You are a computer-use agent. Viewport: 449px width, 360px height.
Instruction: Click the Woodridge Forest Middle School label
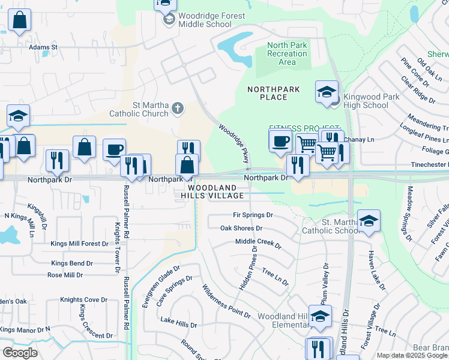click(x=201, y=20)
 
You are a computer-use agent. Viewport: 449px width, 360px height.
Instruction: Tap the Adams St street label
click(x=43, y=46)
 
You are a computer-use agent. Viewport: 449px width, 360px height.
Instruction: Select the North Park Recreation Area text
click(x=287, y=53)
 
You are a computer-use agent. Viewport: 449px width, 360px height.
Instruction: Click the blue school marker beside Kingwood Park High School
click(x=327, y=92)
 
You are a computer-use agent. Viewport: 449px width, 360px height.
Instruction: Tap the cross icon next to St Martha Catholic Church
click(x=177, y=109)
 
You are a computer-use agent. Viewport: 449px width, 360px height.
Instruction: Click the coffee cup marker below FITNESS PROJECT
click(x=280, y=142)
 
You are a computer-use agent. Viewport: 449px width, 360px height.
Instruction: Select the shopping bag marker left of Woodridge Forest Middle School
click(x=19, y=20)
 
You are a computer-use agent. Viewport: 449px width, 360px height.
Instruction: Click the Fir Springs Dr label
click(x=253, y=215)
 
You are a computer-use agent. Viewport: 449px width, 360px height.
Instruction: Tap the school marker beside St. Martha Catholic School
click(x=369, y=221)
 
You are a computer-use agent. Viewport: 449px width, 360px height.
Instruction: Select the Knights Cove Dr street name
click(x=83, y=299)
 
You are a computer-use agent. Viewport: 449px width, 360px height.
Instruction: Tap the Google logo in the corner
click(x=20, y=352)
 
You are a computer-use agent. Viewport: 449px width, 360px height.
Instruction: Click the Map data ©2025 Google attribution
click(x=412, y=355)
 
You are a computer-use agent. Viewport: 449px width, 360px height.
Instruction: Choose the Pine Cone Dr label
click(x=414, y=72)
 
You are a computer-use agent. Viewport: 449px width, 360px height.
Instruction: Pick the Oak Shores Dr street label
click(x=241, y=228)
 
